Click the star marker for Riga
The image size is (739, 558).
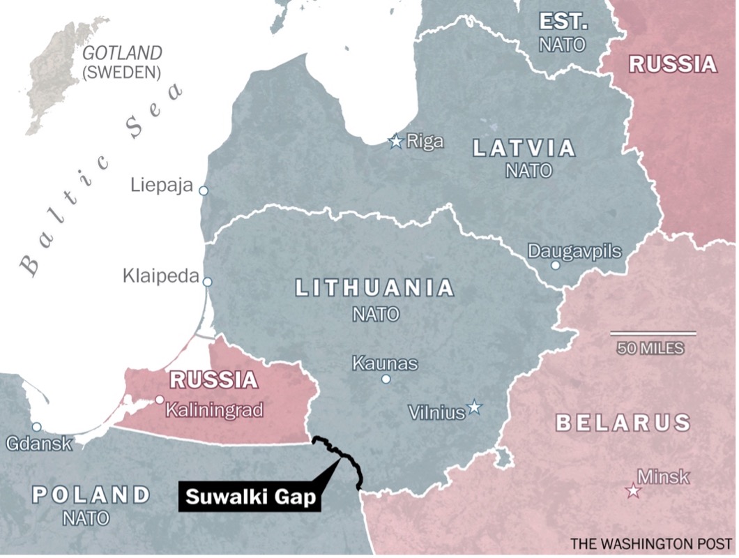pos(396,142)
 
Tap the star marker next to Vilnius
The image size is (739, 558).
pos(475,407)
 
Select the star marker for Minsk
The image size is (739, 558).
pos(634,491)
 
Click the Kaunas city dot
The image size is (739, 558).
pos(386,379)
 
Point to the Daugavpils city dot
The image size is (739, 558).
pos(556,265)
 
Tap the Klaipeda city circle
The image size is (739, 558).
pos(207,282)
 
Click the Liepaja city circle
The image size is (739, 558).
pos(203,190)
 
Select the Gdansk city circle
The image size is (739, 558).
pos(36,427)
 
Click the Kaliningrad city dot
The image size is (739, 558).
pos(160,400)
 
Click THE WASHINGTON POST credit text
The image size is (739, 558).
pos(650,543)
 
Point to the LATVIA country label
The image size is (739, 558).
pos(524,148)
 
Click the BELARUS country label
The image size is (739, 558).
pos(623,422)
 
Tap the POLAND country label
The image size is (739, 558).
pos(91,495)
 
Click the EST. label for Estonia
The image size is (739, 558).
pos(563,21)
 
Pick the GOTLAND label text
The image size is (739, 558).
pos(122,53)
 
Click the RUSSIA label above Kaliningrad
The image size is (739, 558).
pos(214,381)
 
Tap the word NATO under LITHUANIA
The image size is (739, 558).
pos(376,315)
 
